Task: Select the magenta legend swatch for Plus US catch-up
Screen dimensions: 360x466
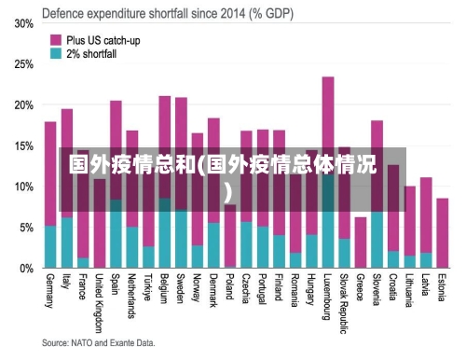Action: point(56,40)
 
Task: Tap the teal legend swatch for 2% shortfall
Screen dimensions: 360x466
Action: point(56,54)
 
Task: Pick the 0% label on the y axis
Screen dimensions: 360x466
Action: point(26,268)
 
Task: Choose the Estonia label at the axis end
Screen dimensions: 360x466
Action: point(443,290)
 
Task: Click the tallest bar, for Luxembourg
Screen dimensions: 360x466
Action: point(328,140)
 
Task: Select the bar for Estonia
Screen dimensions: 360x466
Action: point(443,233)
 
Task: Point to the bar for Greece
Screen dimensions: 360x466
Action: point(361,242)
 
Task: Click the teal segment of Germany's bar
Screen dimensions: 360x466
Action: point(50,247)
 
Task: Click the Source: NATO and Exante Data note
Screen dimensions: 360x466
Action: point(99,344)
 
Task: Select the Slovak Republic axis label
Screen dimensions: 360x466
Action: point(345,303)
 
